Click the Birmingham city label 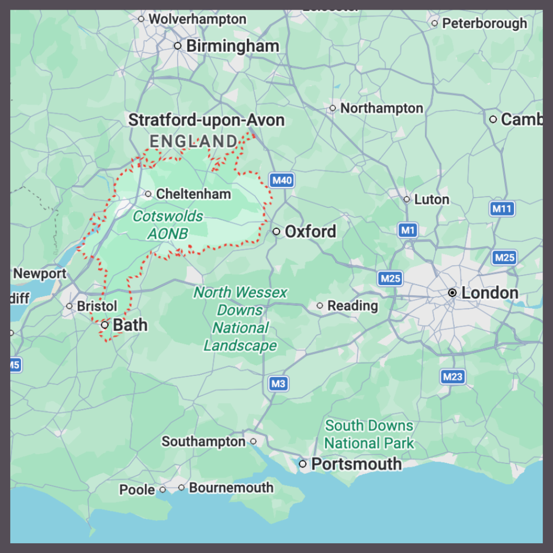[x=232, y=46]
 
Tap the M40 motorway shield [x=282, y=180]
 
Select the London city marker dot [x=453, y=293]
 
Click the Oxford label [x=310, y=232]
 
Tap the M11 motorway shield [x=503, y=208]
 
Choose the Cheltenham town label [x=193, y=194]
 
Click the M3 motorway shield [x=278, y=384]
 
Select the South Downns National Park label [x=369, y=435]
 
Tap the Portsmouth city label [x=356, y=464]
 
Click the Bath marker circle [x=105, y=325]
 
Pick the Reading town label [x=352, y=306]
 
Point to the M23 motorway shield [x=453, y=376]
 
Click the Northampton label [x=381, y=109]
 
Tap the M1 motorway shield [x=408, y=231]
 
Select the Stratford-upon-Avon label [x=206, y=120]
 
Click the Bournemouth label [x=231, y=488]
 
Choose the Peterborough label [x=484, y=23]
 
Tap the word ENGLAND [x=193, y=141]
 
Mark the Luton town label [x=431, y=199]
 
